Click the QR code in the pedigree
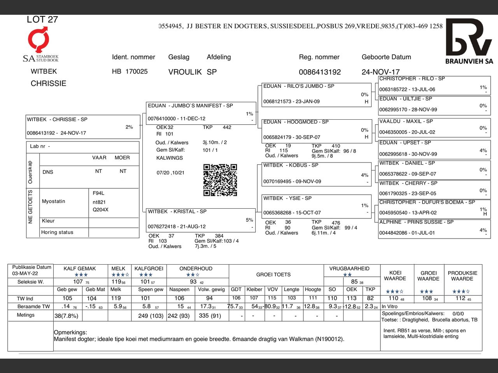click(220, 180)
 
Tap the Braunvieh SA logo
click(469, 41)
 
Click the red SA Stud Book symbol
click(39, 39)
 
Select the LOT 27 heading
click(42, 19)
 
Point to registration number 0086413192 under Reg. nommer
click(320, 72)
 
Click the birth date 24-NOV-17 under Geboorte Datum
click(381, 72)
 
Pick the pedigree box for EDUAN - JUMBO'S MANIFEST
click(201, 113)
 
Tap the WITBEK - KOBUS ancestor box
click(317, 174)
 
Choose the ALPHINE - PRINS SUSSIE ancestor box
click(434, 228)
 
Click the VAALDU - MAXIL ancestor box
click(434, 127)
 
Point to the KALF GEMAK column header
click(80, 268)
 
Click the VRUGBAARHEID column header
click(349, 268)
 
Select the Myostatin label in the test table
click(54, 201)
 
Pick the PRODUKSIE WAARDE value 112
click(460, 298)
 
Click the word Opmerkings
click(70, 333)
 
